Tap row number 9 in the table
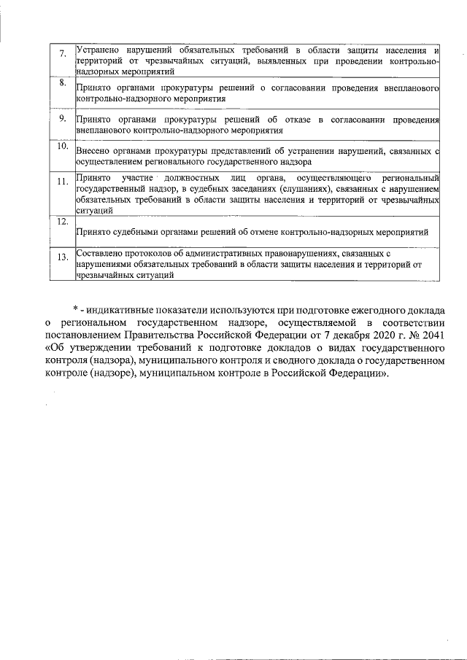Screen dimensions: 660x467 pyautogui.click(x=63, y=117)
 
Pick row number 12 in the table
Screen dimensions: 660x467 pyautogui.click(x=62, y=220)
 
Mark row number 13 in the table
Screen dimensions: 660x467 pyautogui.click(x=62, y=256)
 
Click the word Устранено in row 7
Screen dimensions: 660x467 pyautogui.click(x=99, y=50)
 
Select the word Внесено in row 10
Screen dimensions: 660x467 pyautogui.click(x=92, y=152)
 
